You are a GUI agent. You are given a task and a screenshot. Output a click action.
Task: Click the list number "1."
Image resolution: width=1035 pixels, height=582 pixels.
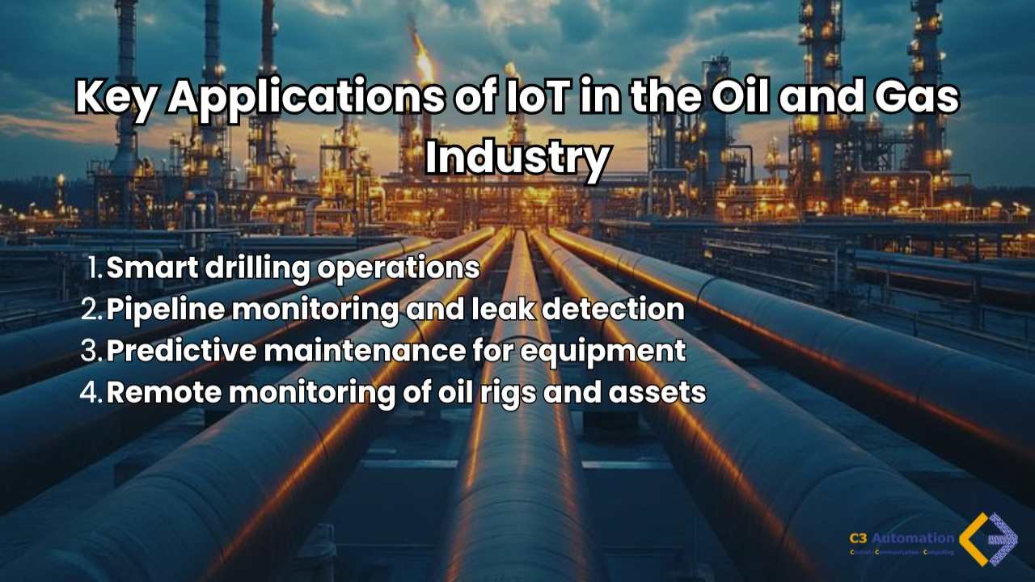pyautogui.click(x=95, y=268)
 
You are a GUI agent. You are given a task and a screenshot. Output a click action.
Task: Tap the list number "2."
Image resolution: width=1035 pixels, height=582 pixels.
pyautogui.click(x=93, y=310)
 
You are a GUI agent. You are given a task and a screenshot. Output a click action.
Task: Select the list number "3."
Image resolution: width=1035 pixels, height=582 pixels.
pyautogui.click(x=93, y=351)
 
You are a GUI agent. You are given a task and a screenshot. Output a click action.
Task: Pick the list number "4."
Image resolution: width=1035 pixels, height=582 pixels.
pyautogui.click(x=93, y=393)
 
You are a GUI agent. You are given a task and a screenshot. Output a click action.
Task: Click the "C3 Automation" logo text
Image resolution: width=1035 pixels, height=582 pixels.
pyautogui.click(x=901, y=538)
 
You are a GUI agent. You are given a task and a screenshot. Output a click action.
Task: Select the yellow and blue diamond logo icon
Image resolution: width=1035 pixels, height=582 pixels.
pyautogui.click(x=988, y=538)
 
